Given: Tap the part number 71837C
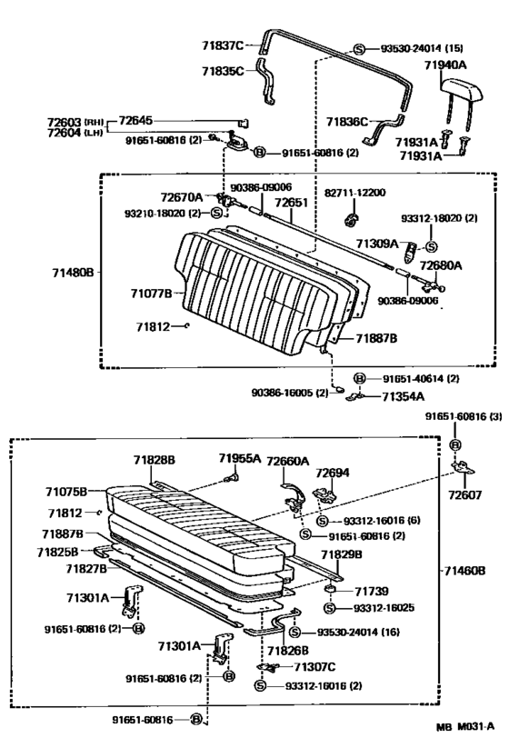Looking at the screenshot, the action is click(223, 45).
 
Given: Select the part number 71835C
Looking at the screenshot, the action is click(223, 72).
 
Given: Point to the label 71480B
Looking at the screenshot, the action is click(73, 273).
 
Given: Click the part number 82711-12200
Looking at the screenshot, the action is click(354, 193).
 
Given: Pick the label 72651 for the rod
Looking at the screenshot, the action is click(292, 203).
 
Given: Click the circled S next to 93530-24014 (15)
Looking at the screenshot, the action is click(359, 49).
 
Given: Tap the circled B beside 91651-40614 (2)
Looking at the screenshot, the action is click(359, 378).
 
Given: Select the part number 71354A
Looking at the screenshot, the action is click(403, 396).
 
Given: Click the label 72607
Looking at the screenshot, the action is click(464, 494).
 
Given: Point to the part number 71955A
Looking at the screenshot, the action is click(240, 458).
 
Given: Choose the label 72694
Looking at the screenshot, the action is click(332, 473).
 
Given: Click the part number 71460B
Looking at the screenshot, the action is click(464, 571).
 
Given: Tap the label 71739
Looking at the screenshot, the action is click(372, 592).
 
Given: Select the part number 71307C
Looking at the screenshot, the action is click(314, 666).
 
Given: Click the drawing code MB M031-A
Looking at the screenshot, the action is click(465, 726).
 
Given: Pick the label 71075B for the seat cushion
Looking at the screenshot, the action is click(66, 492).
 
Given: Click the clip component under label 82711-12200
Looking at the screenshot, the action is click(352, 218).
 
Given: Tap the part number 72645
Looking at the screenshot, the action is click(135, 120).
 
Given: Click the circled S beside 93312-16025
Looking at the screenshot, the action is click(329, 608).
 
